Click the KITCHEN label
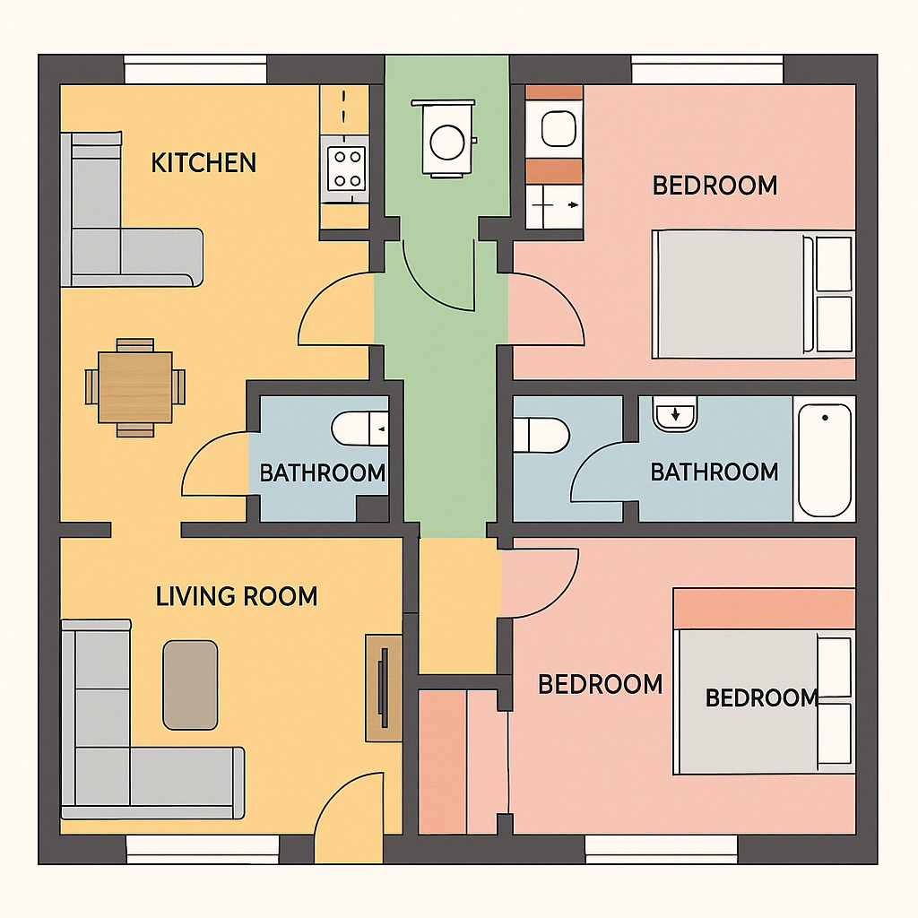[204, 163]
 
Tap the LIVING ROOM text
[237, 596]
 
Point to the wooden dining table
[135, 387]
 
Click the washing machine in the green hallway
[446, 138]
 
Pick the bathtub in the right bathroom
[825, 460]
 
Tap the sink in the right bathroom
[675, 413]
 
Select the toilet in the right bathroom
[541, 435]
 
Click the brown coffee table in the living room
[190, 685]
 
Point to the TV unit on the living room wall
[384, 688]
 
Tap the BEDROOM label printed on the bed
[761, 697]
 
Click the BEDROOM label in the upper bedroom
[714, 186]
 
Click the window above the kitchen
[195, 69]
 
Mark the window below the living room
[203, 849]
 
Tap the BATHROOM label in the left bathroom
[323, 473]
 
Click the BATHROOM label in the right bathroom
[714, 472]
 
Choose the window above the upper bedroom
[707, 69]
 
